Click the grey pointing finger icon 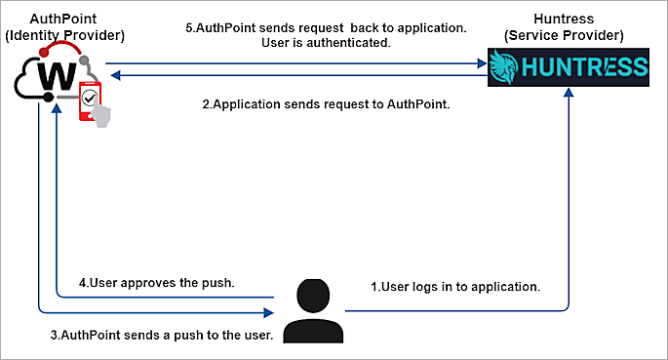100,115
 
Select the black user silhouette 311,311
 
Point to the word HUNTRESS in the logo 582,67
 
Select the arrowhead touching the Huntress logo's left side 482,64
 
